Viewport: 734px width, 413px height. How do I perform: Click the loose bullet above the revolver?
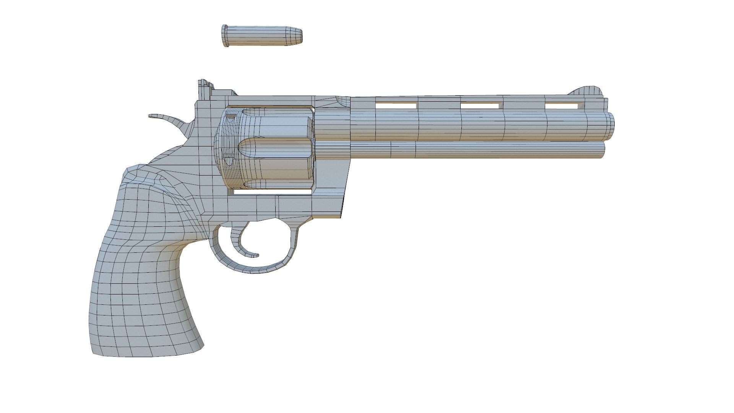(262, 36)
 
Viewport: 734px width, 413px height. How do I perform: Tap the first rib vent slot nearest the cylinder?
(396, 105)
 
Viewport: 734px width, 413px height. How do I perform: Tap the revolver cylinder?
(268, 149)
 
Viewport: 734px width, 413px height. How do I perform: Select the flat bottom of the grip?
(147, 354)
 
